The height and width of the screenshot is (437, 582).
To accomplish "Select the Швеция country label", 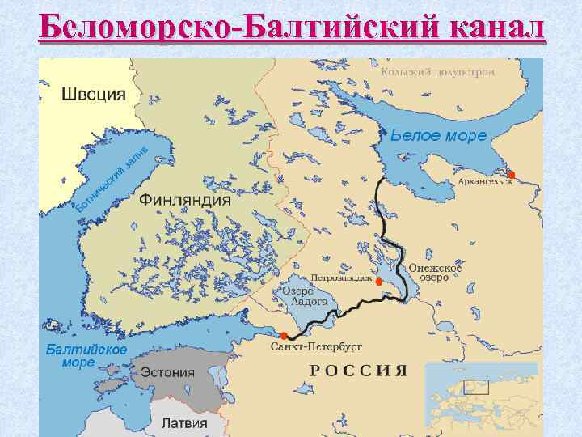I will tap(94, 93).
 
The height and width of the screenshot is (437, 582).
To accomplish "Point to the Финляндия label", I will tap(185, 199).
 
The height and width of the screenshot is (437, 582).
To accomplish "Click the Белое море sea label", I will tap(439, 135).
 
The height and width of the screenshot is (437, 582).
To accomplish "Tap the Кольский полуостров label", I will tap(437, 71).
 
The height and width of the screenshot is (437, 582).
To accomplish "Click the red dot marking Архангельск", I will tap(511, 174).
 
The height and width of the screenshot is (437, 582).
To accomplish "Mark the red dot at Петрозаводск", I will tap(379, 281).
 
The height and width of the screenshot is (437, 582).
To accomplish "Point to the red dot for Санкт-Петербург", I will tap(283, 336).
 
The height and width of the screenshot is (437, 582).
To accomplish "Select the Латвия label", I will tap(184, 422).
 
